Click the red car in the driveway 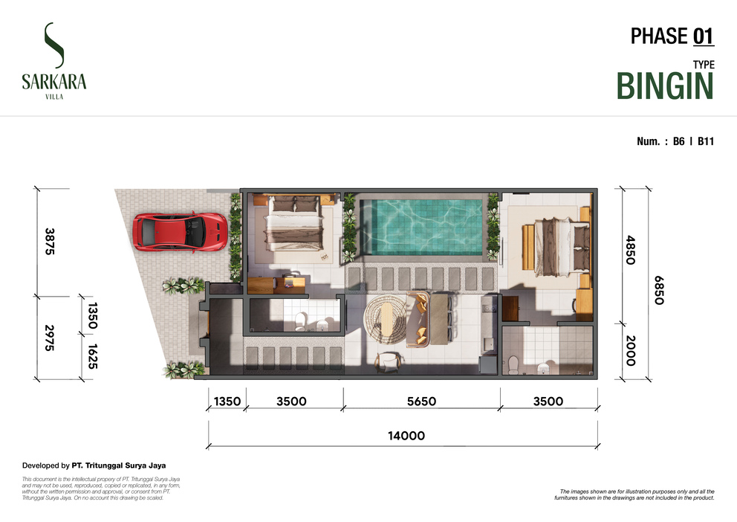pyautogui.click(x=180, y=232)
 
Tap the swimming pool pyautogui.click(x=421, y=227)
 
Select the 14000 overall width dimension pyautogui.click(x=406, y=436)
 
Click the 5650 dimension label pyautogui.click(x=421, y=401)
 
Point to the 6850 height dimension pyautogui.click(x=659, y=290)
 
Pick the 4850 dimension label pyautogui.click(x=631, y=250)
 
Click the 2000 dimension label pyautogui.click(x=631, y=351)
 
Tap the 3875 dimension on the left pyautogui.click(x=49, y=241)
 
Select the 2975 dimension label pyautogui.click(x=49, y=338)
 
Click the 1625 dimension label pyautogui.click(x=93, y=356)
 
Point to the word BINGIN pyautogui.click(x=665, y=86)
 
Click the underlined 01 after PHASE pyautogui.click(x=703, y=36)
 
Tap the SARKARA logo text pyautogui.click(x=54, y=82)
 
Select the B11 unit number pyautogui.click(x=706, y=141)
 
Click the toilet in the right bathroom pyautogui.click(x=513, y=365)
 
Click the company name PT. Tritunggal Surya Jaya pyautogui.click(x=118, y=465)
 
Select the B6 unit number pyautogui.click(x=679, y=141)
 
